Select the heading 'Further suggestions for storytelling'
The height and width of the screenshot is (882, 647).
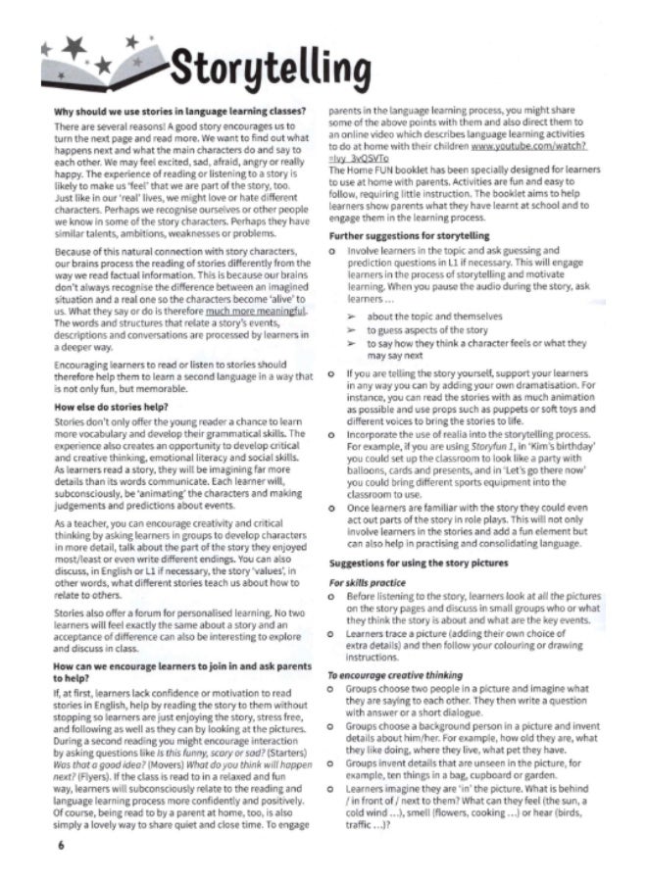click(408, 236)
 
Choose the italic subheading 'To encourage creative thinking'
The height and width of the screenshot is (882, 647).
click(394, 675)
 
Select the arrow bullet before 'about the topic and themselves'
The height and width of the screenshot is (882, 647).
click(349, 317)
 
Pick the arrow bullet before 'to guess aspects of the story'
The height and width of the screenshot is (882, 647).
click(349, 330)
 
